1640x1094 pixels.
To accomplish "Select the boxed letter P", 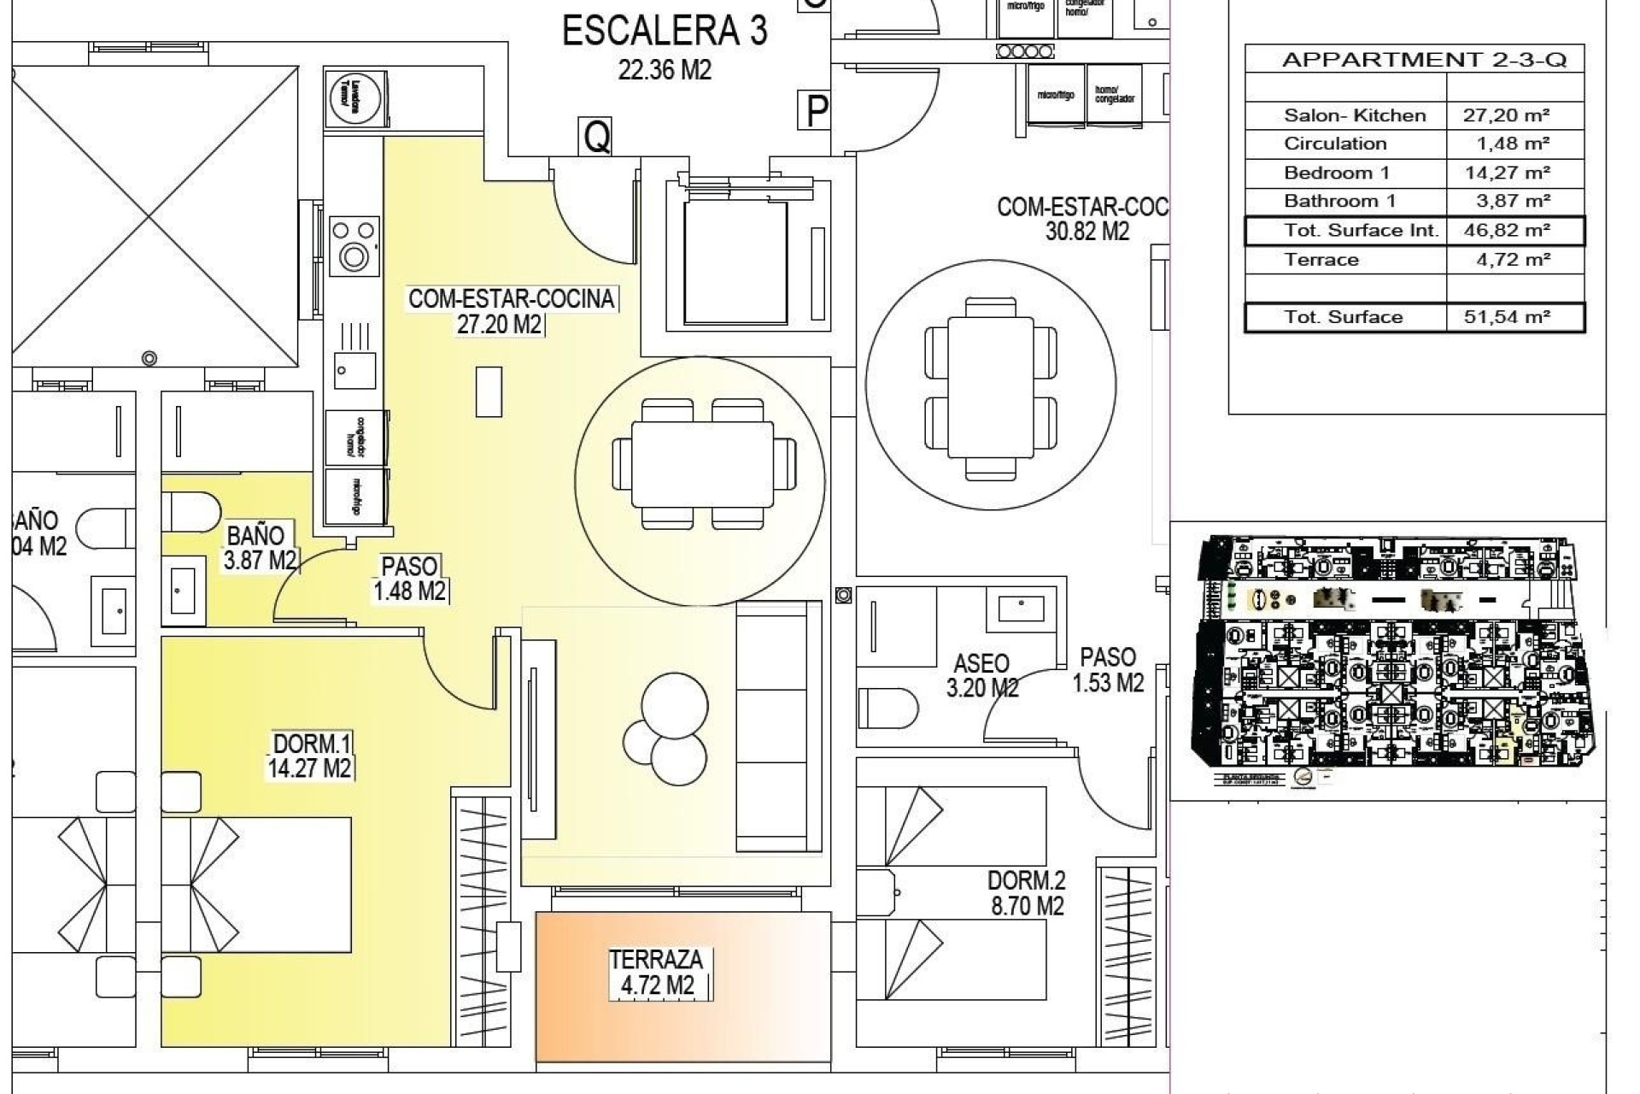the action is pyautogui.click(x=817, y=111).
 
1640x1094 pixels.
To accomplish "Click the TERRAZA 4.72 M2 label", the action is pyautogui.click(x=656, y=973).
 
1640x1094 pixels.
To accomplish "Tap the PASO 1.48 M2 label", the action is pyautogui.click(x=410, y=579).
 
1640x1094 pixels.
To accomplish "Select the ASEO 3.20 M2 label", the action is pyautogui.click(x=981, y=675).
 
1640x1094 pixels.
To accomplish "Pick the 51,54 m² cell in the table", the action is pyautogui.click(x=1514, y=317).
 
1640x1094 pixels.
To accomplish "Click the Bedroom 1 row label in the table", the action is pyautogui.click(x=1336, y=174).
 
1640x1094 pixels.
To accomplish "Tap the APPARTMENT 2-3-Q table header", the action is pyautogui.click(x=1424, y=60).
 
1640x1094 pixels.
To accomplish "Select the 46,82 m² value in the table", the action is pyautogui.click(x=1514, y=231).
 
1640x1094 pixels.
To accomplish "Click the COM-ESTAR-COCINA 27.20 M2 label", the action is pyautogui.click(x=511, y=311).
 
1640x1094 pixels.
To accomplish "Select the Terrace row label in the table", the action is pyautogui.click(x=1321, y=260).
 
